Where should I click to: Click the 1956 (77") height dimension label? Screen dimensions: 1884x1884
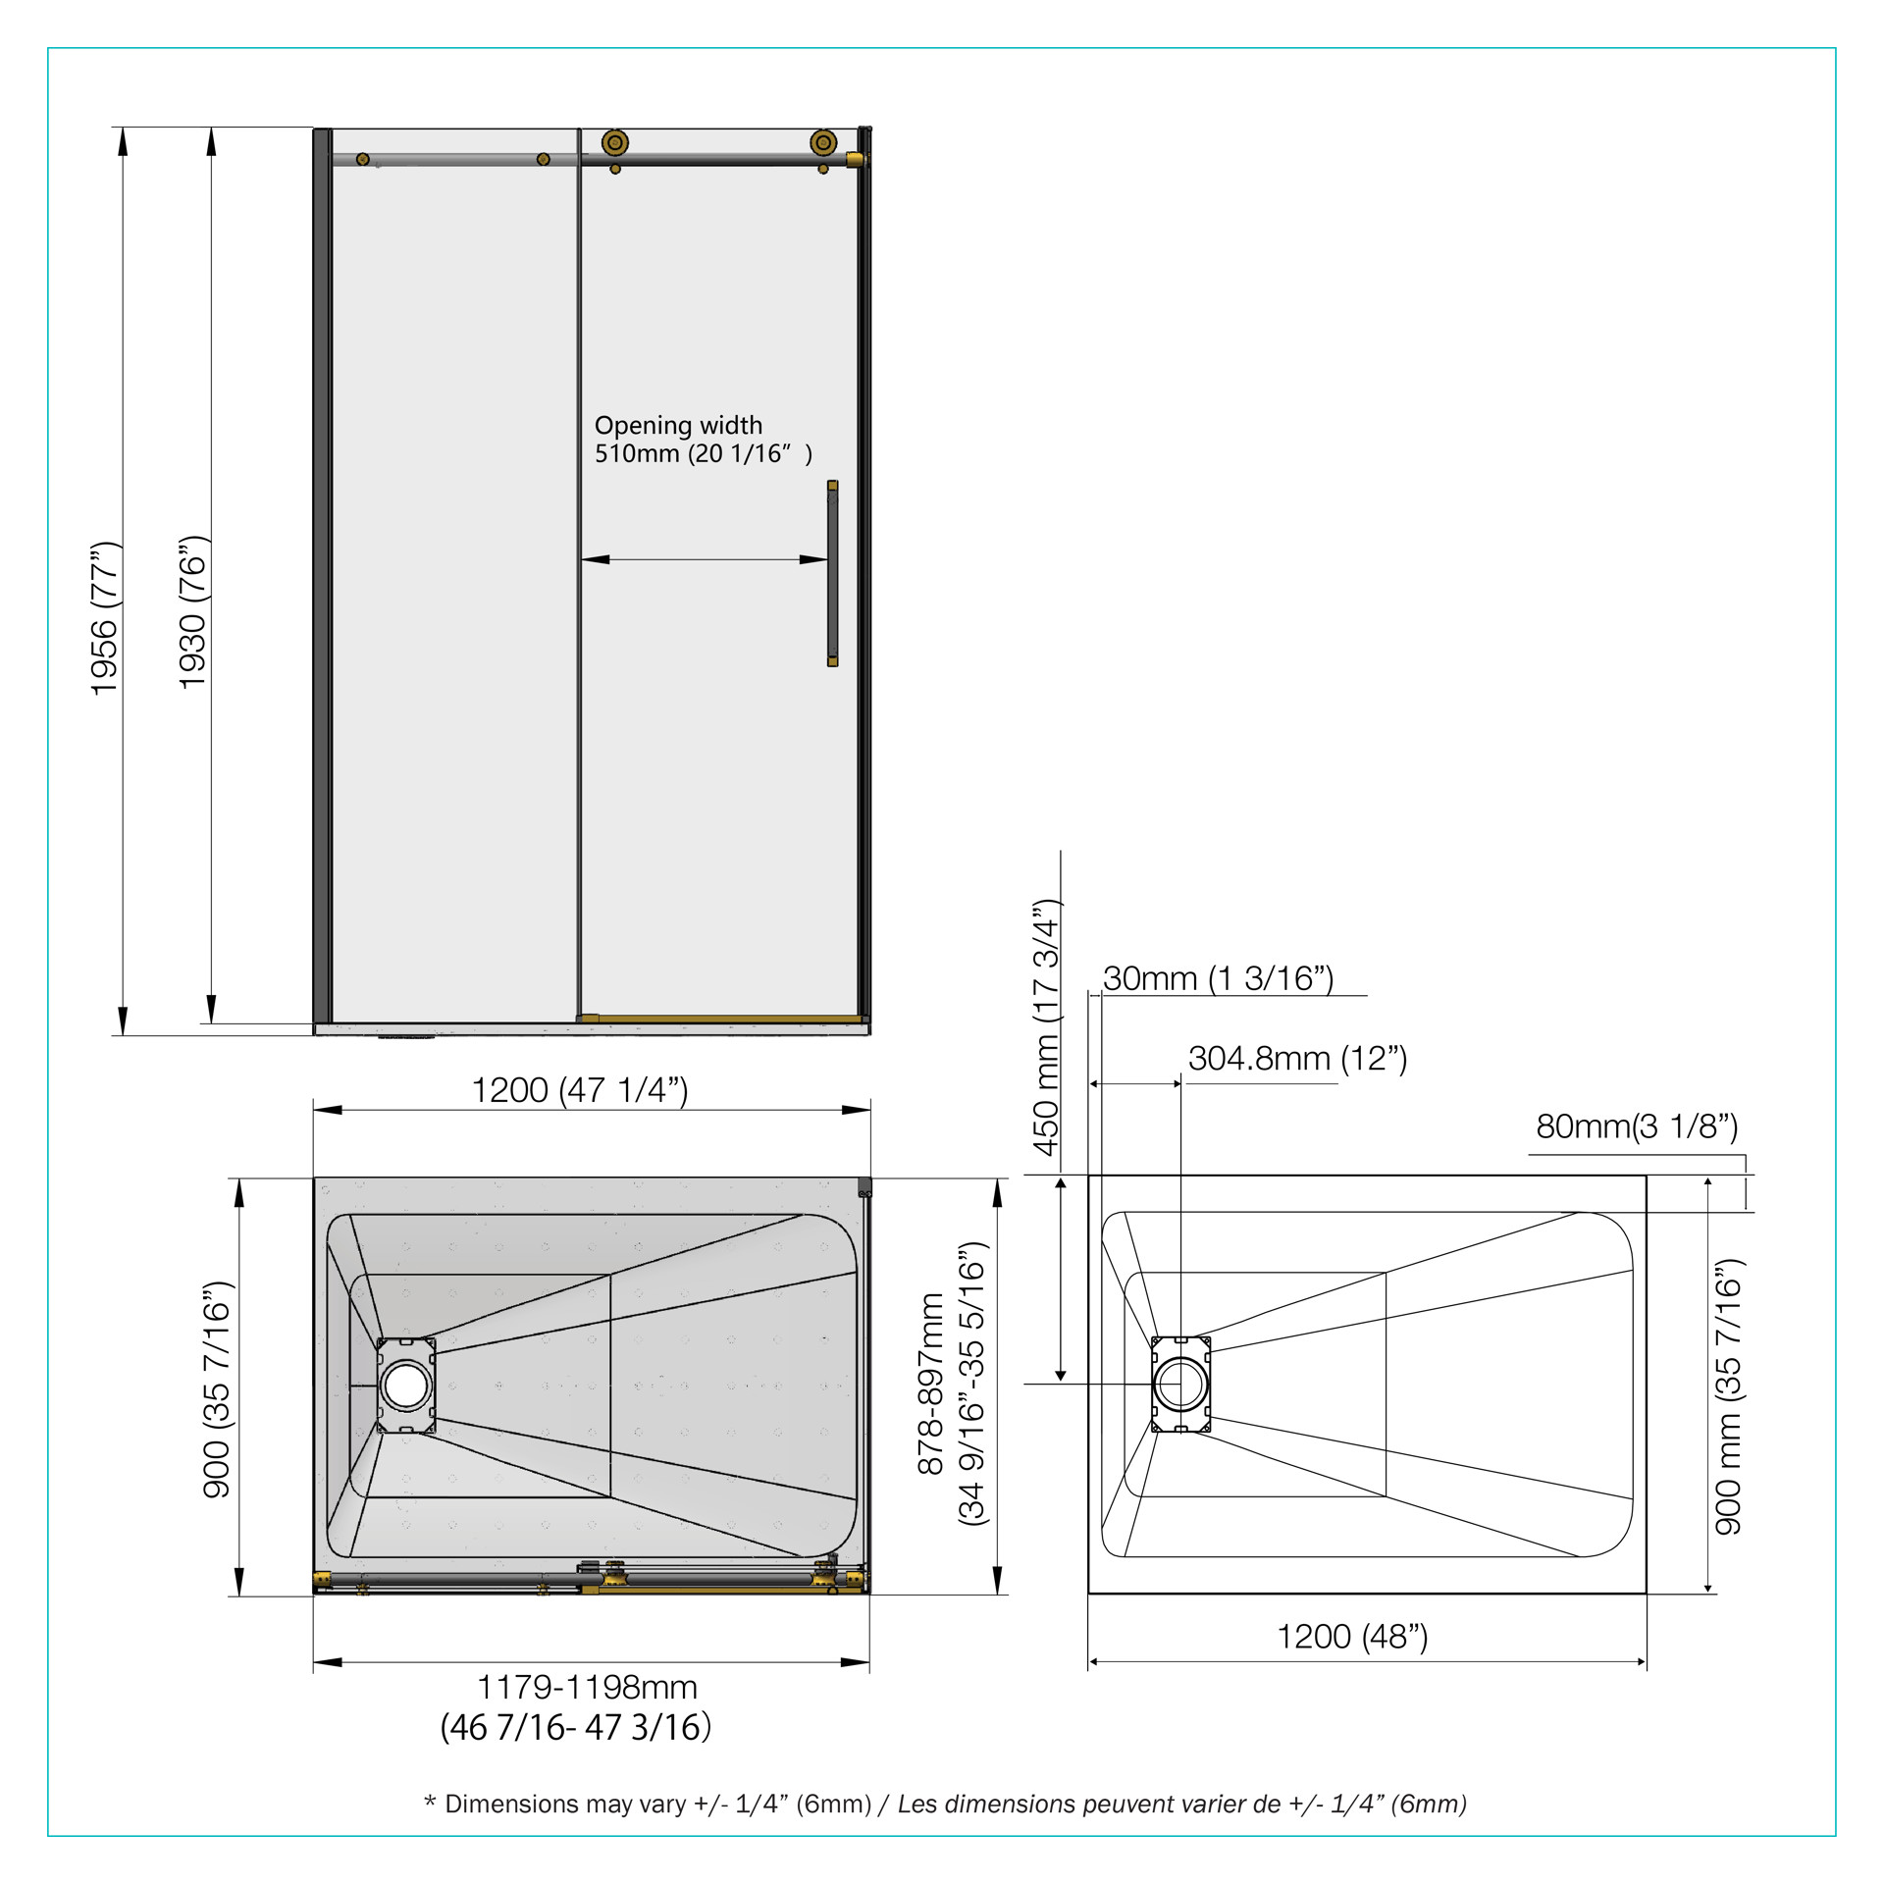[x=104, y=618]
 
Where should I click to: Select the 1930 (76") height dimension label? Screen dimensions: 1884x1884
[x=192, y=612]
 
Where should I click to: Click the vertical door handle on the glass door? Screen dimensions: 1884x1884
[x=832, y=573]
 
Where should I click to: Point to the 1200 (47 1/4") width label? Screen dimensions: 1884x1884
[x=580, y=1090]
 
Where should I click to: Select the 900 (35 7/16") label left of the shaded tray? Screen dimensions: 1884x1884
[x=217, y=1389]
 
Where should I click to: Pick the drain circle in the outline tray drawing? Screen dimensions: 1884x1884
[x=1180, y=1384]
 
